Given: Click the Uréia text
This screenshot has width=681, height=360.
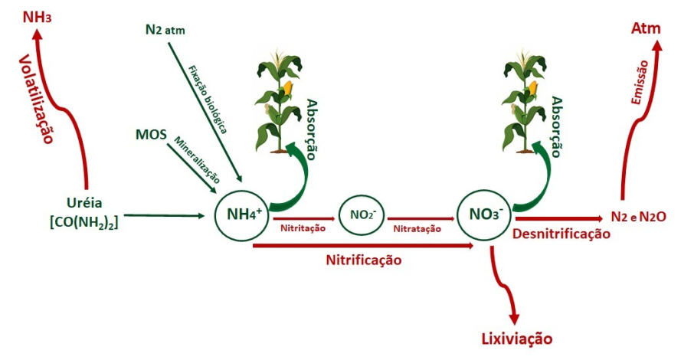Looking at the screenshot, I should pos(84,205).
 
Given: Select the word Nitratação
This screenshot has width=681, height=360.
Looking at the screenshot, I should pos(417,227).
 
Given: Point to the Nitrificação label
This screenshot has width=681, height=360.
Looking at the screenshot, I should pos(363,260).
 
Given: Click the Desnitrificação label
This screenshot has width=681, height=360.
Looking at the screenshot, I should pos(561,234).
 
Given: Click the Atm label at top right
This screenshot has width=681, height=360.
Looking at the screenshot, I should pos(646,29).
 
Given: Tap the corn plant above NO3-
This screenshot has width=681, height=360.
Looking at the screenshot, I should pos(524,100).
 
